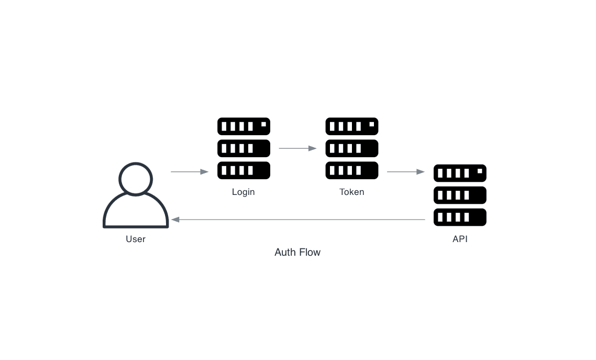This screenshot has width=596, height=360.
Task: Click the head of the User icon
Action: pyautogui.click(x=136, y=179)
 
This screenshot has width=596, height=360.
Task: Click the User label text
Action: pyautogui.click(x=136, y=239)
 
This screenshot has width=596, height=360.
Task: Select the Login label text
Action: pyautogui.click(x=244, y=192)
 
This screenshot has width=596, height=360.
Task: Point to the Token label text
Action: pyautogui.click(x=351, y=192)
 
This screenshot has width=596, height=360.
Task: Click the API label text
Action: pyautogui.click(x=460, y=239)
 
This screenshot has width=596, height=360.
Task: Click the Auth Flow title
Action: pyautogui.click(x=297, y=252)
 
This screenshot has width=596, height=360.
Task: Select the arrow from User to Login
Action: pyautogui.click(x=190, y=172)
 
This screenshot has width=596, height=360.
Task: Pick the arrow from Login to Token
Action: pyautogui.click(x=297, y=148)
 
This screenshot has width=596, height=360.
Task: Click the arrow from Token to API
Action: pyautogui.click(x=405, y=172)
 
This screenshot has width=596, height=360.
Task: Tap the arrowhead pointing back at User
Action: pyautogui.click(x=175, y=220)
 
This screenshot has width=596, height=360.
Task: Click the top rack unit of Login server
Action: pyautogui.click(x=244, y=126)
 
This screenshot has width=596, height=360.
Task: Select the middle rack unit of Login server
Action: pyautogui.click(x=244, y=148)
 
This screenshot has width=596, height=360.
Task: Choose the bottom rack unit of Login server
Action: pyautogui.click(x=244, y=170)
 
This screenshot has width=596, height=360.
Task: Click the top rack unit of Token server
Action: pyautogui.click(x=351, y=126)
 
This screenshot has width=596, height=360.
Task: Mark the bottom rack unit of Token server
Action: pyautogui.click(x=351, y=170)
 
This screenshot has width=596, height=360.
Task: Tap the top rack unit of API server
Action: pyautogui.click(x=460, y=173)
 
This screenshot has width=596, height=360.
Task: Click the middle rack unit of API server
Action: pyautogui.click(x=460, y=195)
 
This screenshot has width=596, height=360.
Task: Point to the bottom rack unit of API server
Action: pyautogui.click(x=460, y=217)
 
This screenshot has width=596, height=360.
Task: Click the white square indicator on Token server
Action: pyautogui.click(x=372, y=124)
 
